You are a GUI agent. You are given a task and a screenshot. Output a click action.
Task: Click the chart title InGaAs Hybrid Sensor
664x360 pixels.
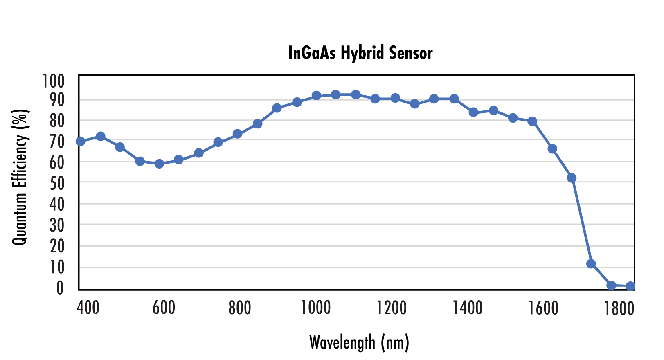tap(360, 53)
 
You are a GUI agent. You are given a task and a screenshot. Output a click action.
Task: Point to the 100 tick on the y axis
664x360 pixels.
tap(54, 81)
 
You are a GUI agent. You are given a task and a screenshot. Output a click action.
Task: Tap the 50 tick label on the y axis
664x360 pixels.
tap(57, 184)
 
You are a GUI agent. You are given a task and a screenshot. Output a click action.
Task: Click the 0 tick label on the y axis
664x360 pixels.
tap(60, 288)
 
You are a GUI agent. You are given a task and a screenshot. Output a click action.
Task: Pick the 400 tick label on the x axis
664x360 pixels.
tap(88, 308)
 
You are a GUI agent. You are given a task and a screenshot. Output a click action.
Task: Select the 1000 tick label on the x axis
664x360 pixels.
tap(315, 308)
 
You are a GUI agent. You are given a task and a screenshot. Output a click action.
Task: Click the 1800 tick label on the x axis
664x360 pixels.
tap(619, 308)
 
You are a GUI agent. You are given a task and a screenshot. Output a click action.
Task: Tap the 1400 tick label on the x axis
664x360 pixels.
tap(467, 308)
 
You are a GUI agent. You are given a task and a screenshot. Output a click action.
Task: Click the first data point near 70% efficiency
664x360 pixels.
tap(80, 141)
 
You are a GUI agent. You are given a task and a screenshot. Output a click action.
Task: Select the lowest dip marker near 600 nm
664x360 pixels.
tap(159, 164)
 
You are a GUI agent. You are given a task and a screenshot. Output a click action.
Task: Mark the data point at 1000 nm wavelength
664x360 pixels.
tap(316, 96)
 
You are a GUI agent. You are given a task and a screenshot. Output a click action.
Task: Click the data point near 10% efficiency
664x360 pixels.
tap(591, 264)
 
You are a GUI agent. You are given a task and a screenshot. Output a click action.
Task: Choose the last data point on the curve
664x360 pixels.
tap(630, 286)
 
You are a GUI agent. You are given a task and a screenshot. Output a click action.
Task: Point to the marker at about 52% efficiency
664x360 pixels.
tap(572, 178)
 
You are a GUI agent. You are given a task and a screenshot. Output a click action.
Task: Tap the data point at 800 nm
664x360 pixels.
tap(237, 134)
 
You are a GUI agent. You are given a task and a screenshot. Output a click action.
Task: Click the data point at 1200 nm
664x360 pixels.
tap(395, 98)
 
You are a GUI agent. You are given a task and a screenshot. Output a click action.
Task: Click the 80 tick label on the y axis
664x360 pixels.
tap(57, 121)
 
